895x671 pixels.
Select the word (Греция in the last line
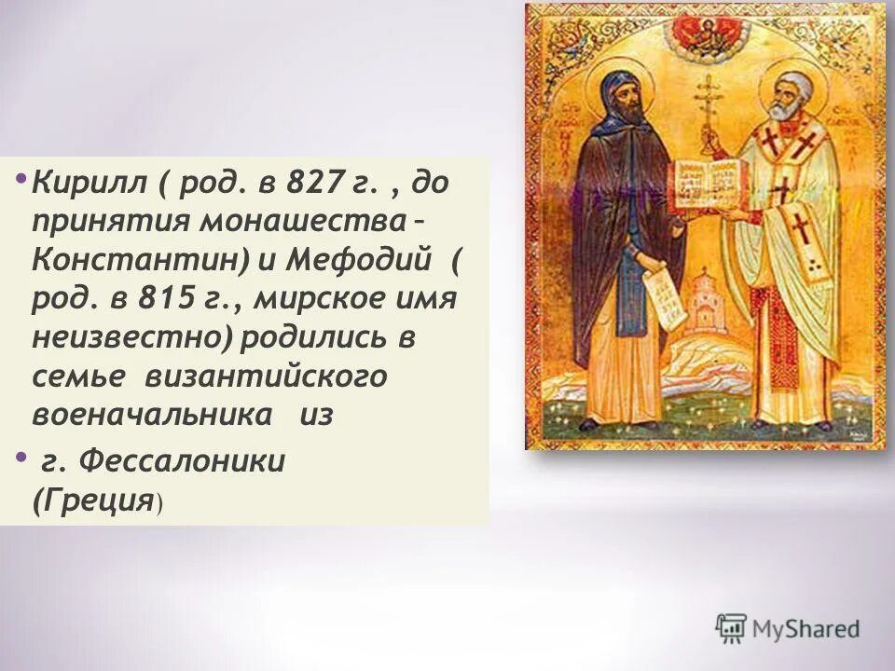coord(92,500)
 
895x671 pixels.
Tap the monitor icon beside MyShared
coord(732,627)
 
